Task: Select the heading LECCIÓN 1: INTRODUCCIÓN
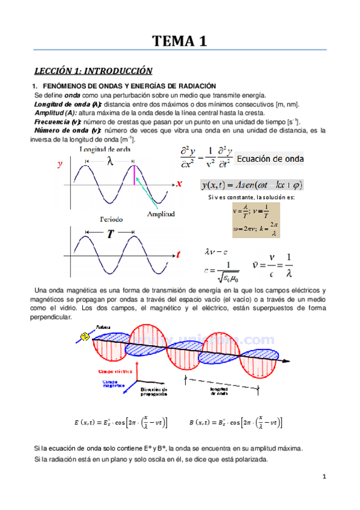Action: [x=93, y=70]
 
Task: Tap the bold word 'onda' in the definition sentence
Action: [x=73, y=96]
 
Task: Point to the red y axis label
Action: [x=59, y=163]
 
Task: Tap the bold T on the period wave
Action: [x=111, y=235]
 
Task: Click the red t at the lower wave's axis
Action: [x=178, y=255]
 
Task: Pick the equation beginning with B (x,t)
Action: [x=235, y=422]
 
